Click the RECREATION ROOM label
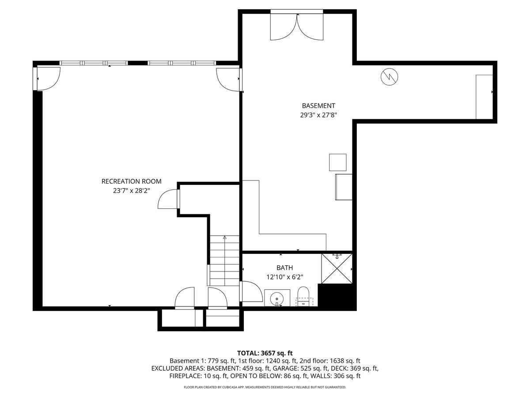(x=131, y=181)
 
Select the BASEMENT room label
(x=318, y=106)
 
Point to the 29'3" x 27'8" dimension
(x=318, y=115)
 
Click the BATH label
(x=284, y=268)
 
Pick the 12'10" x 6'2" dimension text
(x=284, y=277)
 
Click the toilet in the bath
(x=303, y=296)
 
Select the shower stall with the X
(x=337, y=268)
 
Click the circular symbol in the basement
(x=389, y=77)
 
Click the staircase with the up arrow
(x=224, y=260)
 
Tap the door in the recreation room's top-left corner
(x=48, y=79)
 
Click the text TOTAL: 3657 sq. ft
(x=265, y=353)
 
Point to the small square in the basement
(x=337, y=162)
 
